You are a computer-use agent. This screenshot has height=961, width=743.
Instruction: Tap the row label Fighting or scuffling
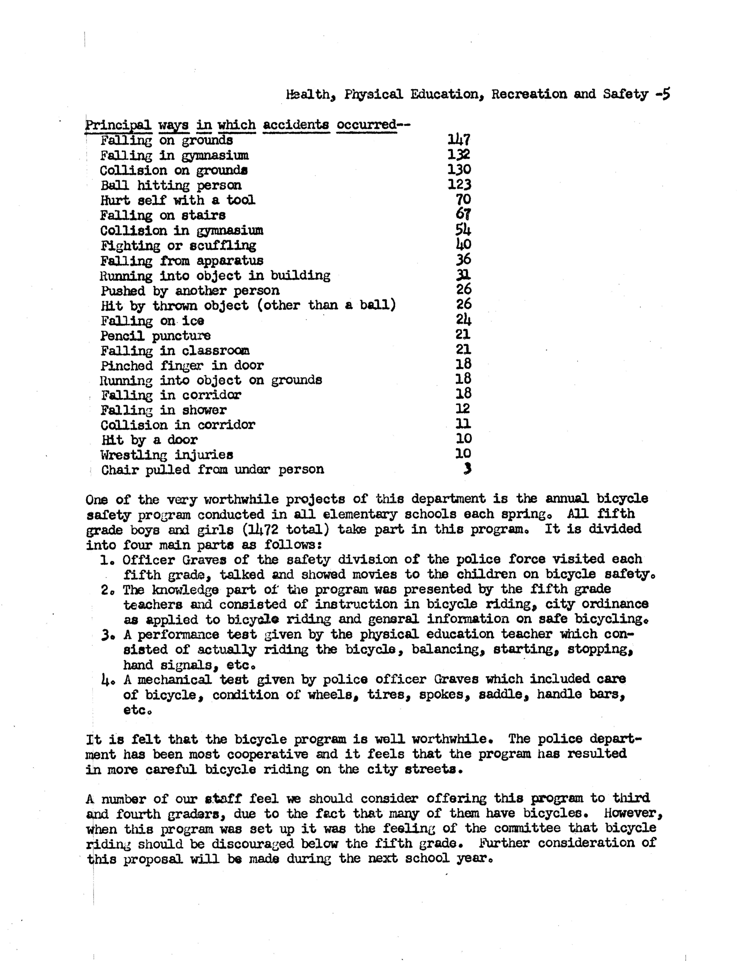click(178, 246)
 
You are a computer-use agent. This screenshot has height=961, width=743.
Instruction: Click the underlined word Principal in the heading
click(118, 125)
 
